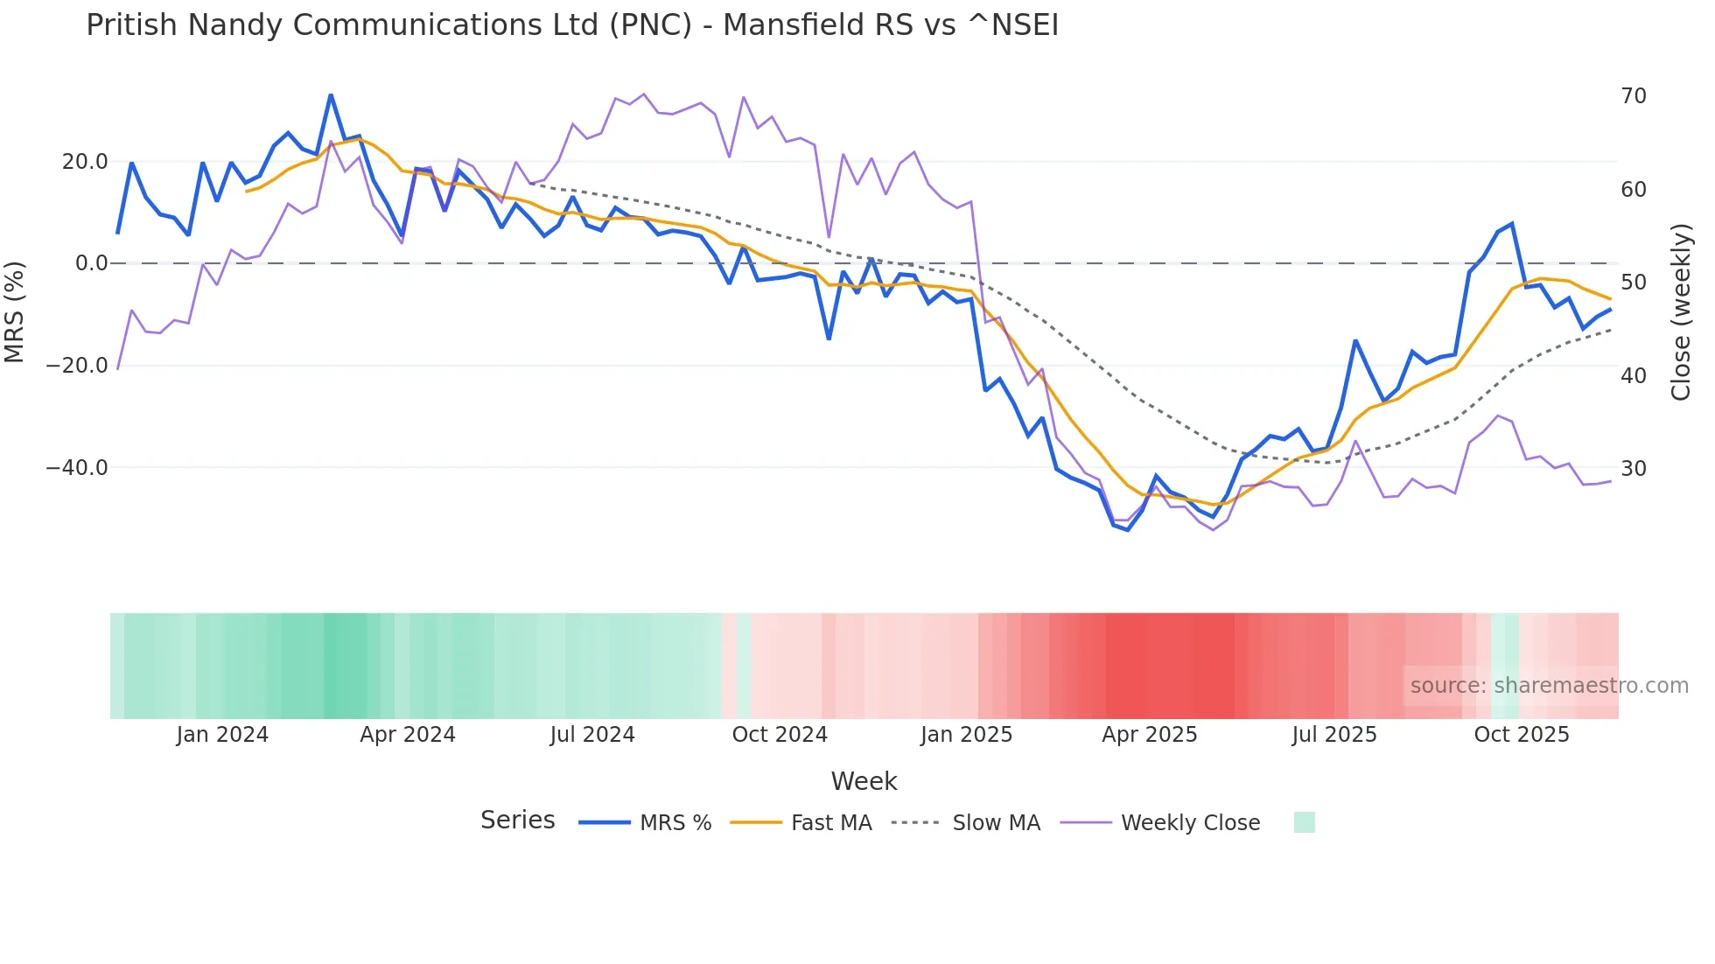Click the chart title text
pos(572,24)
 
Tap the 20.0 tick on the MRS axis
pos(85,161)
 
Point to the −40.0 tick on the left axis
pos(77,467)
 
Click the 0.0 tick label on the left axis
pos(92,262)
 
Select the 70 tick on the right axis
pos(1634,95)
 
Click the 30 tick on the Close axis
pos(1634,468)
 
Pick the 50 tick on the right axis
pos(1634,282)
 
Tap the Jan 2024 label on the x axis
pos(222,734)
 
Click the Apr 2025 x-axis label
pos(1149,734)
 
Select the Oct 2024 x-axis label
pos(780,734)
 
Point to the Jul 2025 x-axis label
pos(1334,734)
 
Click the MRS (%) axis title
pos(14,311)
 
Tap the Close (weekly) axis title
pos(1681,311)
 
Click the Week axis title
pos(864,780)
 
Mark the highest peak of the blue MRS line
pos(331,94)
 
